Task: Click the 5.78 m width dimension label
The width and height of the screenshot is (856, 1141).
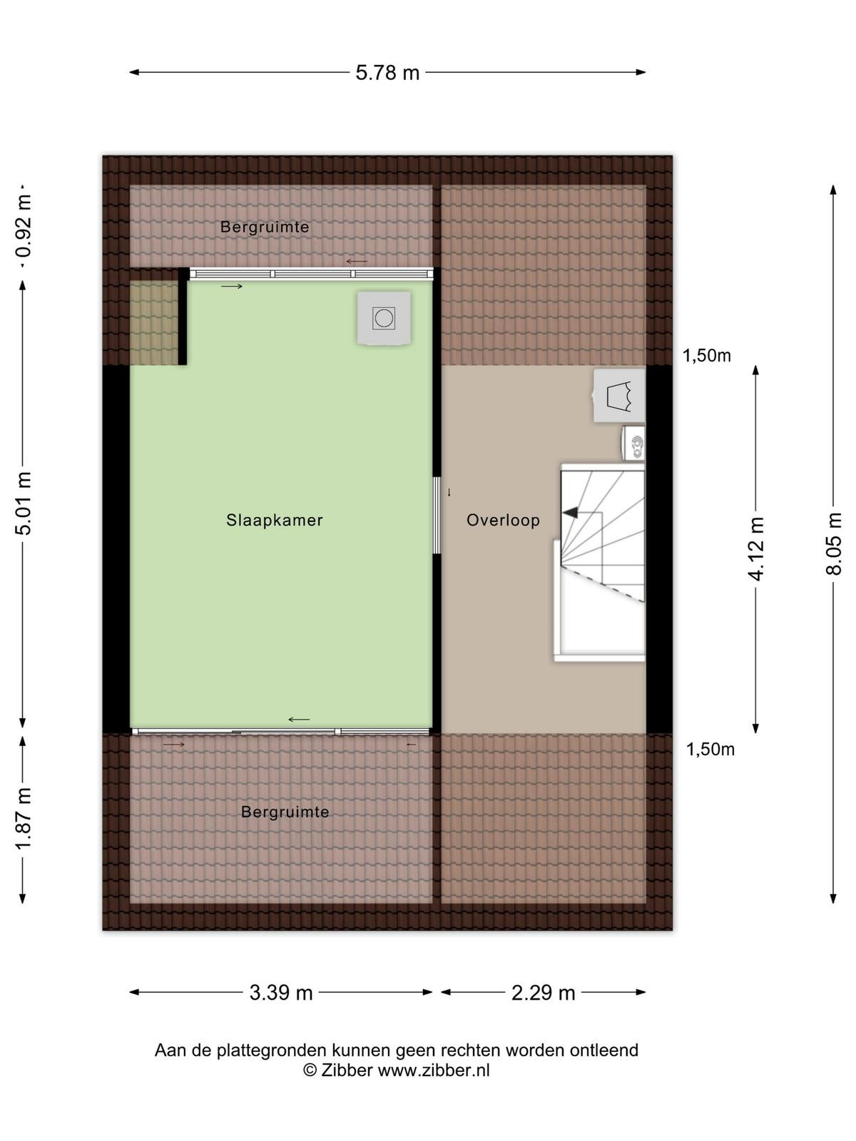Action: (387, 73)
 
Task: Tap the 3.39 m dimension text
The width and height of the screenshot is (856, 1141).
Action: (280, 993)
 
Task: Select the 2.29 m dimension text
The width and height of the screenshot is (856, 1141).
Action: (543, 993)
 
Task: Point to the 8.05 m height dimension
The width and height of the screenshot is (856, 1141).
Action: (833, 543)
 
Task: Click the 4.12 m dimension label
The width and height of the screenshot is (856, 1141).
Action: (755, 549)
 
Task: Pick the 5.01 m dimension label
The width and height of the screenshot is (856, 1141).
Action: (24, 503)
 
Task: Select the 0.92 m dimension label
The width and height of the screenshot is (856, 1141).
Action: (24, 227)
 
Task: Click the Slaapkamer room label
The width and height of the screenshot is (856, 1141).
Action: (275, 520)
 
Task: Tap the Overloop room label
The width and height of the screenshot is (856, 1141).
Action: (503, 520)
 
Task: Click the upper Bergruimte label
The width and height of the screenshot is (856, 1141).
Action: (265, 227)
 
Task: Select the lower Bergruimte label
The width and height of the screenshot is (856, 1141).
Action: (285, 812)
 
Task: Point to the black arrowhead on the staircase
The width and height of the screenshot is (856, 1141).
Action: (570, 513)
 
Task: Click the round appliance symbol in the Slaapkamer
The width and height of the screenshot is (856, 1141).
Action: (384, 317)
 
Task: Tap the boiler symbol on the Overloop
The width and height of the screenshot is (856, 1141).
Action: (619, 396)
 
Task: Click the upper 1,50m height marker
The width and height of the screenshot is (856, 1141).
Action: (706, 356)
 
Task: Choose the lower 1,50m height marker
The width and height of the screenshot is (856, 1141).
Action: (710, 749)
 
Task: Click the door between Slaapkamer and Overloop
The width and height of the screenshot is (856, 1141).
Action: (437, 515)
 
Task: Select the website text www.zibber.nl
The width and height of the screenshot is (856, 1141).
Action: (434, 1070)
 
